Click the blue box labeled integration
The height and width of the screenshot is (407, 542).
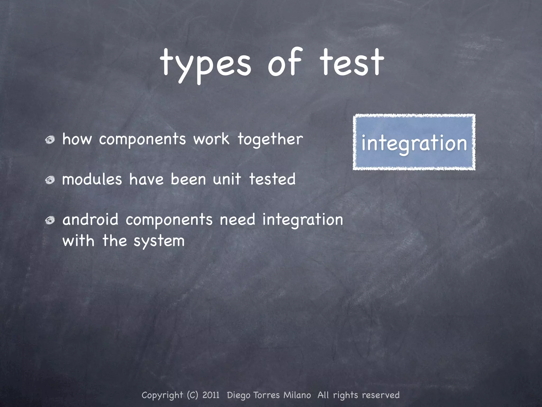[414, 142]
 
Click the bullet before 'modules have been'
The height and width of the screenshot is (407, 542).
[50, 180]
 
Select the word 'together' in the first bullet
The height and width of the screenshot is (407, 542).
[270, 139]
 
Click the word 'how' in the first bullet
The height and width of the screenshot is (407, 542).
[77, 139]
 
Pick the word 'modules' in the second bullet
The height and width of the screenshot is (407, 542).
[92, 180]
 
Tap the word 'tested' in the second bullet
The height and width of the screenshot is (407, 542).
[272, 179]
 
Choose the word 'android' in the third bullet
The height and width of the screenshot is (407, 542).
[90, 220]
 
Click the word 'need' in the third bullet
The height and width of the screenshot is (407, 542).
[237, 220]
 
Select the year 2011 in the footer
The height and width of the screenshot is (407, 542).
[211, 395]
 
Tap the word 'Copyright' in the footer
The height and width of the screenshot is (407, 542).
[162, 395]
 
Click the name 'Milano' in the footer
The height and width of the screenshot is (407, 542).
[297, 395]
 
